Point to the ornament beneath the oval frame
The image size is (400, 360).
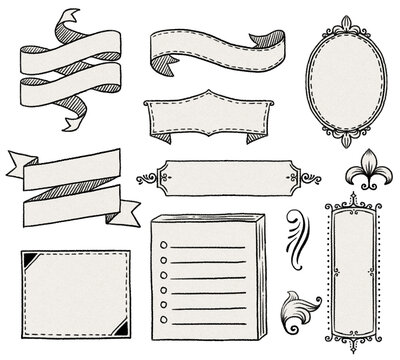tap(339, 147)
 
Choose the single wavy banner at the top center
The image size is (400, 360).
tap(210, 48)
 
